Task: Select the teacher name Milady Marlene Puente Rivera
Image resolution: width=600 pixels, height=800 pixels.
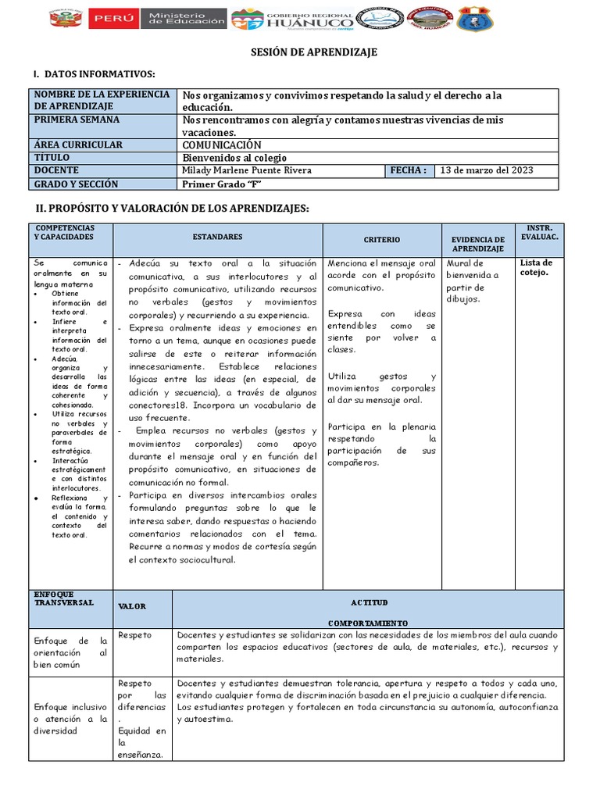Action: click(x=246, y=170)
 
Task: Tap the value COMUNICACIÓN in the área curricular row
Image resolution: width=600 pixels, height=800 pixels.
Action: click(x=222, y=145)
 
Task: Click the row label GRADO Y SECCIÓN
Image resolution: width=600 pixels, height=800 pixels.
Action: click(x=75, y=184)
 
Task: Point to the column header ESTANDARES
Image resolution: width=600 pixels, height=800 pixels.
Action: click(x=217, y=237)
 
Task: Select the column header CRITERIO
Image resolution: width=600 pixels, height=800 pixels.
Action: click(x=382, y=240)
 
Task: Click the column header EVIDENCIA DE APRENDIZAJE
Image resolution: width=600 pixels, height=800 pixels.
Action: click(x=478, y=244)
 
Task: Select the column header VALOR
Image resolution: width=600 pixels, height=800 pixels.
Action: click(x=131, y=606)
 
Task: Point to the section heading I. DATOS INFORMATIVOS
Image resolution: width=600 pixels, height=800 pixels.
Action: click(x=94, y=74)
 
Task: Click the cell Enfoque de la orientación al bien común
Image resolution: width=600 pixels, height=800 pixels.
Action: click(x=70, y=652)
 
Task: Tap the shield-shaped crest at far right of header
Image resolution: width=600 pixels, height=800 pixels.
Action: click(x=475, y=19)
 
